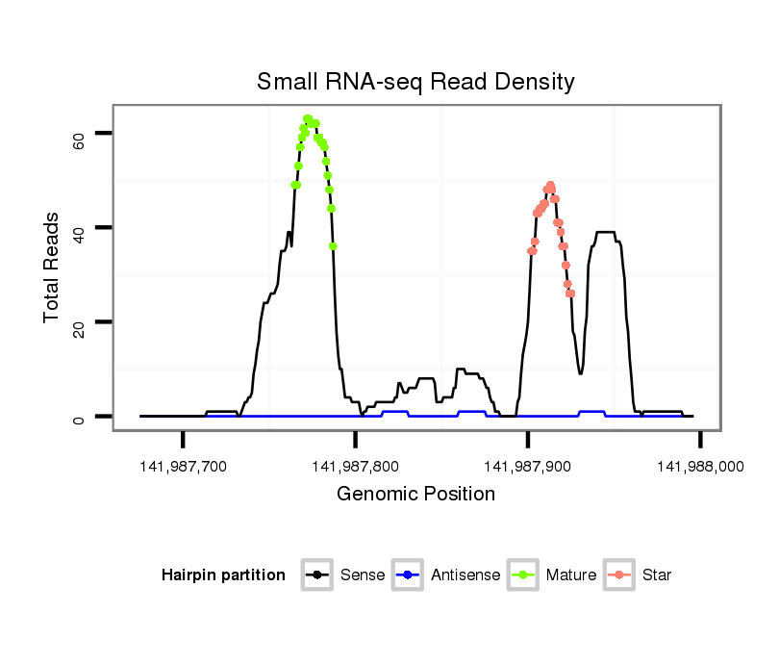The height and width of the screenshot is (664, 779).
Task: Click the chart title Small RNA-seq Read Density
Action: pyautogui.click(x=415, y=82)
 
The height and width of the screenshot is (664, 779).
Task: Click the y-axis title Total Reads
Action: pyautogui.click(x=53, y=268)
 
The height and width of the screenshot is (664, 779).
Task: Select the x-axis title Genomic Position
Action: pyautogui.click(x=415, y=495)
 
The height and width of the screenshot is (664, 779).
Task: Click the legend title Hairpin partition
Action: pyautogui.click(x=223, y=575)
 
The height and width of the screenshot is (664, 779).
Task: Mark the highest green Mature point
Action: pyautogui.click(x=307, y=119)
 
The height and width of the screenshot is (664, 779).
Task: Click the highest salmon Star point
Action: pyautogui.click(x=550, y=185)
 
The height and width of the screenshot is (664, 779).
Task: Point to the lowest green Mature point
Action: pyautogui.click(x=333, y=245)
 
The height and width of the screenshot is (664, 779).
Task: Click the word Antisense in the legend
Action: pyautogui.click(x=465, y=575)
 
